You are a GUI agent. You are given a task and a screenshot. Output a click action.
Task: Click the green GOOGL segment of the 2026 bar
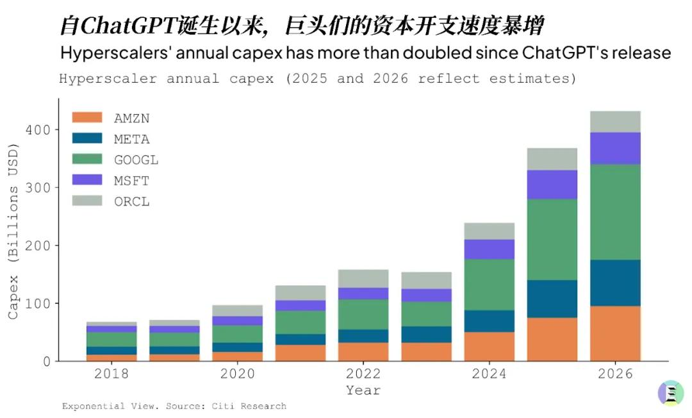tap(615, 212)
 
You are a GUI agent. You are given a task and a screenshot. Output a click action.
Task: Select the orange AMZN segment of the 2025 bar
tap(552, 339)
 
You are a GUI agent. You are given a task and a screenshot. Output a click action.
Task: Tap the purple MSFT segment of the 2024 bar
tap(490, 249)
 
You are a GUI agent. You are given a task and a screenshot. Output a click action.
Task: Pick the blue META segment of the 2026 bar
tap(615, 283)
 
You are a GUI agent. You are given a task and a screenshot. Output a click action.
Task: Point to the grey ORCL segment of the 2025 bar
tap(552, 159)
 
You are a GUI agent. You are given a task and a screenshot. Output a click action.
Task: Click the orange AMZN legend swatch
tap(87, 118)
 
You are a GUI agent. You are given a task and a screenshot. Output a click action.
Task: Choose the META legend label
tap(132, 139)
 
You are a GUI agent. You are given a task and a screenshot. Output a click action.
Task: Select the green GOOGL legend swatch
tap(87, 160)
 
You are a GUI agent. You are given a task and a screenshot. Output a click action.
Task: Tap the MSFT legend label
tap(132, 181)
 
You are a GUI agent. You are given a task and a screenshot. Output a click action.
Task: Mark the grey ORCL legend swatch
tap(87, 201)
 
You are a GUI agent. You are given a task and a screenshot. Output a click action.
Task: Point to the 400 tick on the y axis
tap(39, 130)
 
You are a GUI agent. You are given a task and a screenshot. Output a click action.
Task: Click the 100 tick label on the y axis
tap(39, 303)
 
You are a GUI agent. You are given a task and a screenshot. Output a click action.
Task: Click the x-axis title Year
tap(363, 390)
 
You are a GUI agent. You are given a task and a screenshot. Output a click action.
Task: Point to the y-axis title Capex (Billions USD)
tap(13, 231)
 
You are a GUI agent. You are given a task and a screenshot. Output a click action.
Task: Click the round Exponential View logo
tap(671, 393)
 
